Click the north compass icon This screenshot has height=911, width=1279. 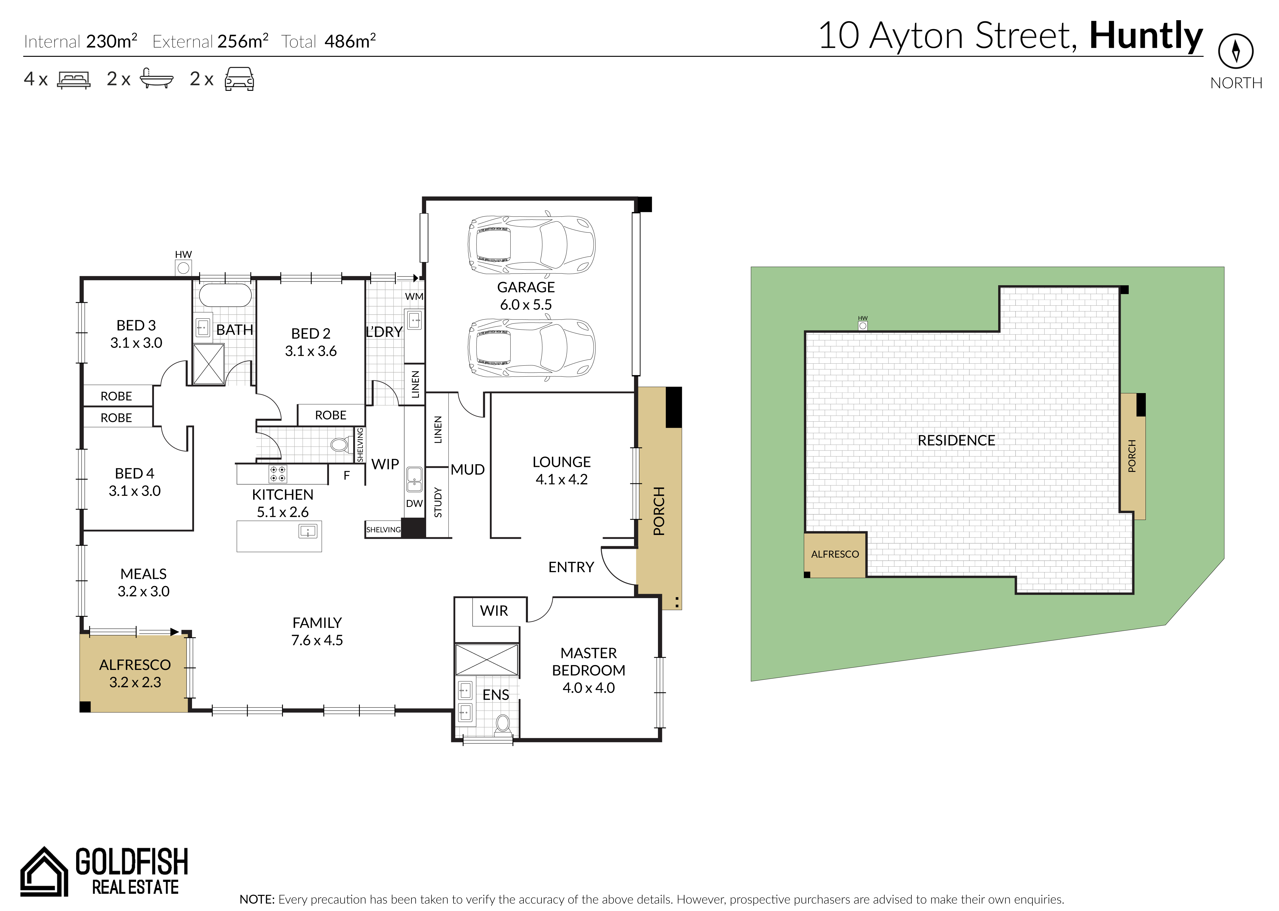(1236, 51)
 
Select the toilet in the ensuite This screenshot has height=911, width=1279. (503, 724)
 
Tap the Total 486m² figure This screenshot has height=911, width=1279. (329, 41)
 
